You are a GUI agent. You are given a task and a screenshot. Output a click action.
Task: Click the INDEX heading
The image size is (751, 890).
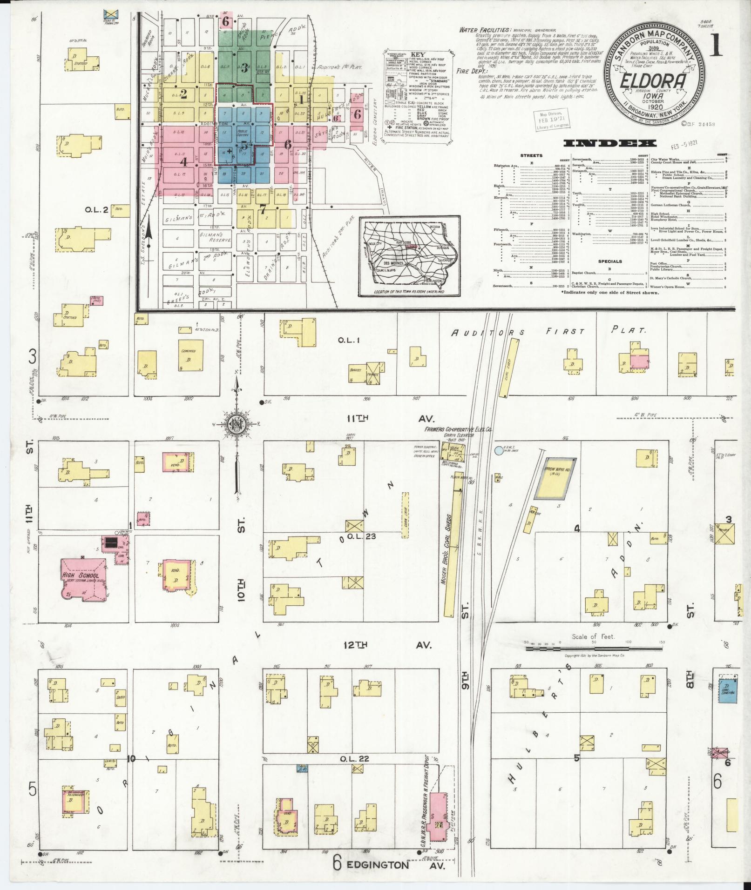(x=610, y=143)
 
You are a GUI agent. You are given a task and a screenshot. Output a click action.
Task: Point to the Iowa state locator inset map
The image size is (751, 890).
(x=409, y=256)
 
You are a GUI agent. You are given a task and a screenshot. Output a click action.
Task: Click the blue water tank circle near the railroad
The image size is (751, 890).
(x=499, y=450)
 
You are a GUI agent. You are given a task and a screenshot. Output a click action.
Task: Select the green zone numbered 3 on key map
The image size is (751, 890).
(x=244, y=67)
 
